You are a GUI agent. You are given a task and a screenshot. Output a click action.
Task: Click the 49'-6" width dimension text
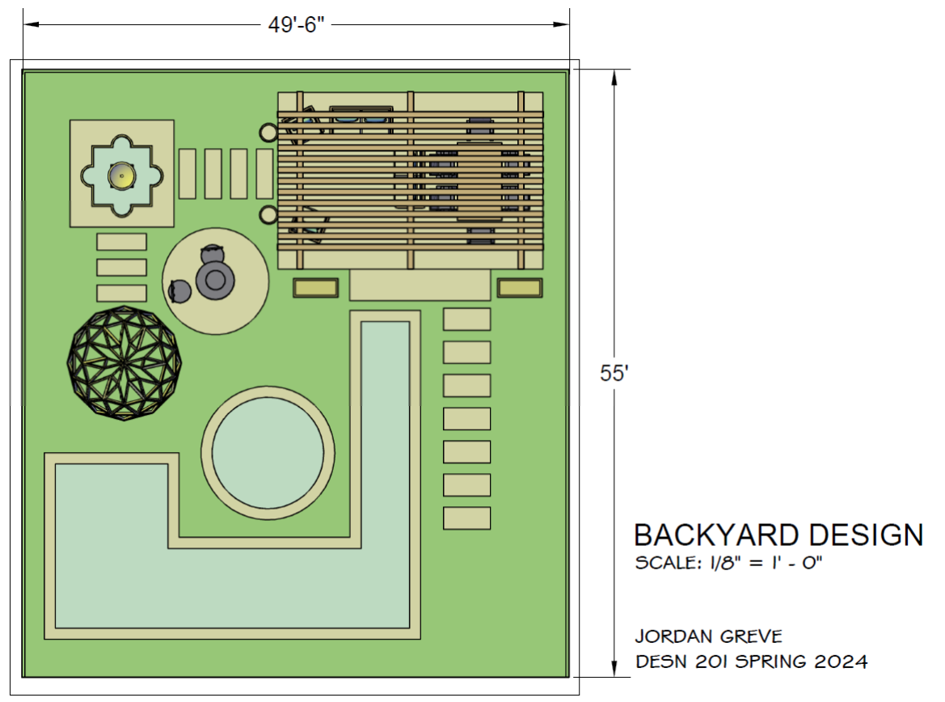[x=296, y=25]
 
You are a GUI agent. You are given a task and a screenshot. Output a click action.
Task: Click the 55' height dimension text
[x=614, y=374]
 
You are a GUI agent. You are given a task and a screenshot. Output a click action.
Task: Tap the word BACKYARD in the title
[x=716, y=535]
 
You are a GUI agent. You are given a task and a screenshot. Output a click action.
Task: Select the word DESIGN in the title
[x=866, y=535]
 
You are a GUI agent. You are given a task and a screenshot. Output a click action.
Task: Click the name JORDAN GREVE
[x=709, y=636]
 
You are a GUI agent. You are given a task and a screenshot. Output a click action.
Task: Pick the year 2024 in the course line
[x=841, y=662]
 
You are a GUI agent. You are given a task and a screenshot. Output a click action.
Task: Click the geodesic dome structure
[x=124, y=363]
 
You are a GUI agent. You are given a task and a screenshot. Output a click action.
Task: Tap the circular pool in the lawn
[x=268, y=453]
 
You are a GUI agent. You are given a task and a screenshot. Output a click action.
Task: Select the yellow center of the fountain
[x=122, y=175]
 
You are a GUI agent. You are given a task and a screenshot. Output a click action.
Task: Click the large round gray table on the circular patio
[x=215, y=280]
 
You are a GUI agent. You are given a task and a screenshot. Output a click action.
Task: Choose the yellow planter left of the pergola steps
[x=316, y=288]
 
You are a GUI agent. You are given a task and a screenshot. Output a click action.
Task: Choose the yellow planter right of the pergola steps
[x=520, y=288]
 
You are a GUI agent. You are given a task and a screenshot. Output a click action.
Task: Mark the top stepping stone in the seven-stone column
[x=467, y=319]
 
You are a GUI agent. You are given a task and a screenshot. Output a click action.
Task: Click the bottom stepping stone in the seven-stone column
[x=467, y=518]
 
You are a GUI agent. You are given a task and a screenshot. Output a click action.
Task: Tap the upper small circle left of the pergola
[x=268, y=132]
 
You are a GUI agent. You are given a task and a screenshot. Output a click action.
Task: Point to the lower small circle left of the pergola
[x=268, y=214]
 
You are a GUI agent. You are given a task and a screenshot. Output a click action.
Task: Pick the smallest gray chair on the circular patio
[x=179, y=291]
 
